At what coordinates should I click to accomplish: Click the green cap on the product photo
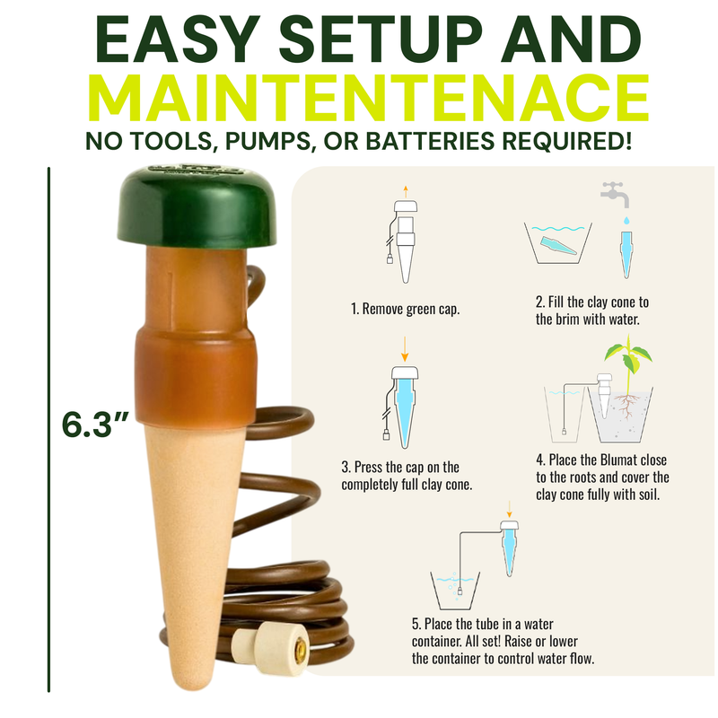197,208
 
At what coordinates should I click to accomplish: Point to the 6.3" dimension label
95,425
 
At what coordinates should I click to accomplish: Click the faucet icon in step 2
615,195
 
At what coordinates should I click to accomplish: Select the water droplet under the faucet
626,221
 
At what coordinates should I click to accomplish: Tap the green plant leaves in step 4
628,354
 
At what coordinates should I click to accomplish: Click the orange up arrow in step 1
406,192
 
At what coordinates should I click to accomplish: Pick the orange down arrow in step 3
405,349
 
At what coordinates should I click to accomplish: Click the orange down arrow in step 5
509,509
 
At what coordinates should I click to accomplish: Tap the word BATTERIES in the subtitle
430,141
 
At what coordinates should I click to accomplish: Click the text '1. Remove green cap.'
406,309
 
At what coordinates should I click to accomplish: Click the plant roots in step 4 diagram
626,405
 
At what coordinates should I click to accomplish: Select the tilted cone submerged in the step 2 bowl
558,245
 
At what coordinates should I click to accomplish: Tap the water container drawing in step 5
455,591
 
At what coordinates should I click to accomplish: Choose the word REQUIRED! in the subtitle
567,141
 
